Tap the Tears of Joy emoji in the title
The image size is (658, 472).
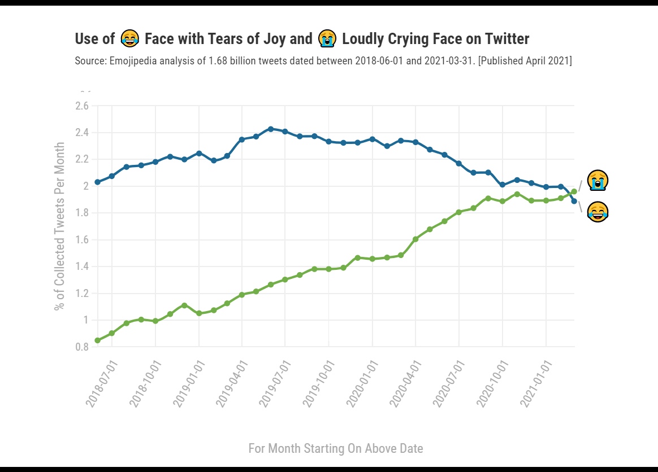tap(130, 38)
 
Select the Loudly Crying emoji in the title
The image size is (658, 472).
tap(327, 38)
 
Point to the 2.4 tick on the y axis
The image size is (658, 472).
tap(82, 133)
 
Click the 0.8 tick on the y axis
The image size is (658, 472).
tap(82, 347)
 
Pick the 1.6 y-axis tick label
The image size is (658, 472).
tap(82, 240)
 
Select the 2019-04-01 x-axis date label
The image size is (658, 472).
tap(232, 382)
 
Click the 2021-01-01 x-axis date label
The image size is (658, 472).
tap(536, 382)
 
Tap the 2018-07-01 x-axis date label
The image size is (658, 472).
tap(102, 382)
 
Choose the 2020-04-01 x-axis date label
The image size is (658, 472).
tap(406, 382)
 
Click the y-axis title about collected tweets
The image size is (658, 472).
tap(59, 225)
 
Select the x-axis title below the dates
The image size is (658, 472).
tap(336, 448)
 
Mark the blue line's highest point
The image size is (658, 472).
tap(270, 129)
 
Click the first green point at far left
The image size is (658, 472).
tap(97, 340)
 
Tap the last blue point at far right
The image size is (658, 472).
tap(574, 201)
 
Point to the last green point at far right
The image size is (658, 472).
tap(574, 191)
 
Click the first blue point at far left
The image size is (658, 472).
tap(97, 182)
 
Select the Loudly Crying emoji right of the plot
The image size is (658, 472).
tap(598, 181)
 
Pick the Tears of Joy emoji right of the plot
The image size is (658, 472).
tap(598, 212)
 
